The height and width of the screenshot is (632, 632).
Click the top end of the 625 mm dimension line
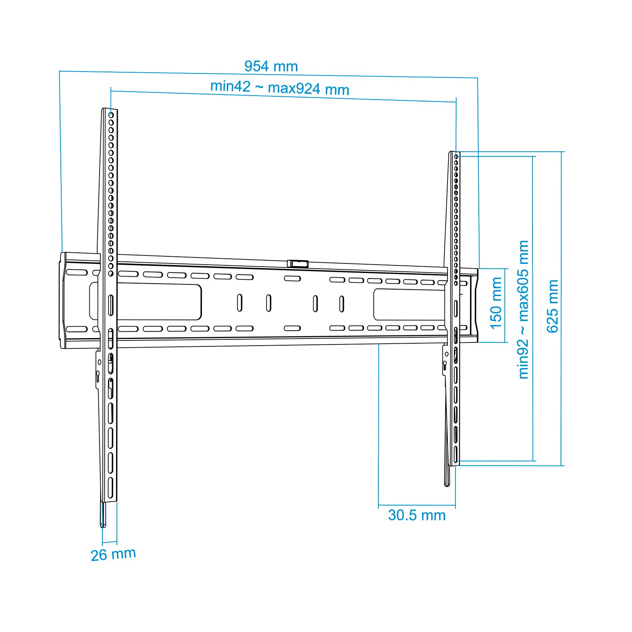coord(561,152)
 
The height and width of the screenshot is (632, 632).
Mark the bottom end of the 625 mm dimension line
coord(561,465)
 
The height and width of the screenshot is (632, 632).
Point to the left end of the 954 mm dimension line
coord(59,71)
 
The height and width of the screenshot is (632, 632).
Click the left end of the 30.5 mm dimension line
coord(378,505)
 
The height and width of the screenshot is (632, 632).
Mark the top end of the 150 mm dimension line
coord(505,269)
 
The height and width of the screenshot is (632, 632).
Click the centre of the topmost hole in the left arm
coord(111,115)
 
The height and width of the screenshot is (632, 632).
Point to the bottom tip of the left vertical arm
coord(103,526)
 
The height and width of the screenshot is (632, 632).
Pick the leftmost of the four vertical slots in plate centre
coord(239,303)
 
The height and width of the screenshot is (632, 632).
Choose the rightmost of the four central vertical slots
coord(341,304)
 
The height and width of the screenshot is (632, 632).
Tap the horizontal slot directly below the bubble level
coord(292,278)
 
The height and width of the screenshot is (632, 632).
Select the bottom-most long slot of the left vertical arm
coord(111,488)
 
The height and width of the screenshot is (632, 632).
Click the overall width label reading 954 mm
coord(271,66)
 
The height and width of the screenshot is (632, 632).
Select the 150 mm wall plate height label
coord(496,303)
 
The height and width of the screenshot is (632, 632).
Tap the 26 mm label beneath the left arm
coord(113,554)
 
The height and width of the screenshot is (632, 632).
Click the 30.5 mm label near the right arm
coord(417,515)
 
